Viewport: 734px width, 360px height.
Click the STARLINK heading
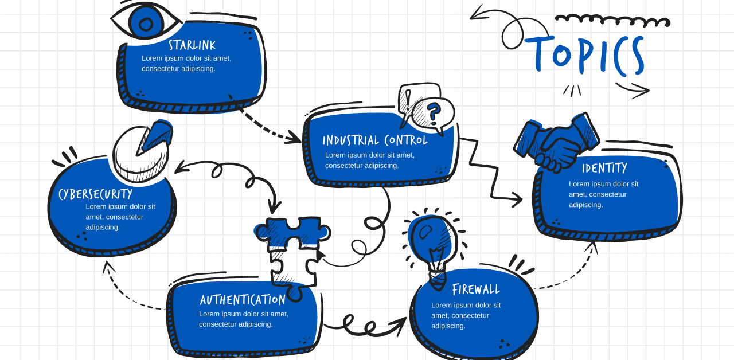192,45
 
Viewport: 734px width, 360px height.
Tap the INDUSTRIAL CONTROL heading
375,140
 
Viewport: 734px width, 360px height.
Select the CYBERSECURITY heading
95,194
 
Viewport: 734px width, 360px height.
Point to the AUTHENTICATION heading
243,300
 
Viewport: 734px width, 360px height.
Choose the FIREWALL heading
476,289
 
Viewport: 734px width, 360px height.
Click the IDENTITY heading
604,168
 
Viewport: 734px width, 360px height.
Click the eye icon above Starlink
145,22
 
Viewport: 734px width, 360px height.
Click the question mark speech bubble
434,114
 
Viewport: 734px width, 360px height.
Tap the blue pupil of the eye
146,24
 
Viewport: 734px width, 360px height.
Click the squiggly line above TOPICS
612,20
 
